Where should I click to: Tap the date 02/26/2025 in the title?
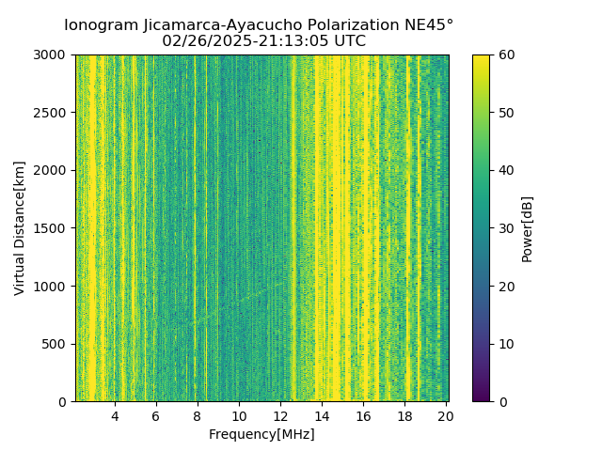202,41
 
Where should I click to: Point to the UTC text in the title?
349,41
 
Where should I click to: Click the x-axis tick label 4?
115,416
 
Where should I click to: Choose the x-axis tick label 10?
239,416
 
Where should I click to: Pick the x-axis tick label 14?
322,416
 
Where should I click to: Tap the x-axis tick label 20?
446,416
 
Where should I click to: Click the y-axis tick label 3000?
50,54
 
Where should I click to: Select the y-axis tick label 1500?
50,228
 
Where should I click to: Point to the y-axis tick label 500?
54,344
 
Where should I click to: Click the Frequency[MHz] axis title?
261,434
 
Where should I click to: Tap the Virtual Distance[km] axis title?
20,228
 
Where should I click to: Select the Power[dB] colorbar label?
528,228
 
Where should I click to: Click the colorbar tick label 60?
506,54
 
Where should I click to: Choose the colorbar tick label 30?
506,228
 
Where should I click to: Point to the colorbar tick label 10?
506,344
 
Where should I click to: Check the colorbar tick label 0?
502,402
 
